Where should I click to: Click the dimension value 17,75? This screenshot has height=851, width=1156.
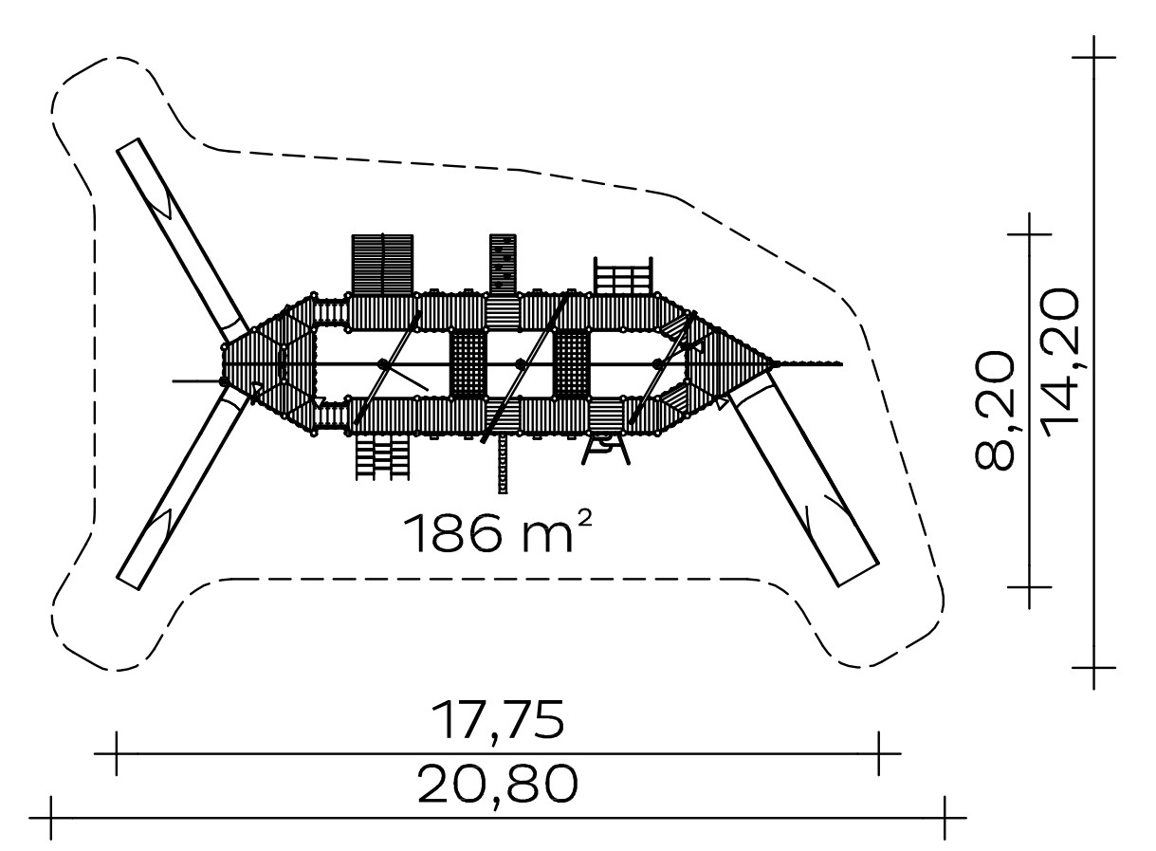coord(497,721)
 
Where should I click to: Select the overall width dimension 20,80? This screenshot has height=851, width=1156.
coord(497,785)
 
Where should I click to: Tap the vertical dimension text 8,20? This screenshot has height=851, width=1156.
coord(994,411)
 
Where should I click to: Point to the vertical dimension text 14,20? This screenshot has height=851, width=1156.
coord(1057,362)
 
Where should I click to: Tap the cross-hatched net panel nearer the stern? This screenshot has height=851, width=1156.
coord(468,363)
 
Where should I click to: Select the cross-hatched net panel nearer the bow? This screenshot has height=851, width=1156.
coord(571,363)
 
